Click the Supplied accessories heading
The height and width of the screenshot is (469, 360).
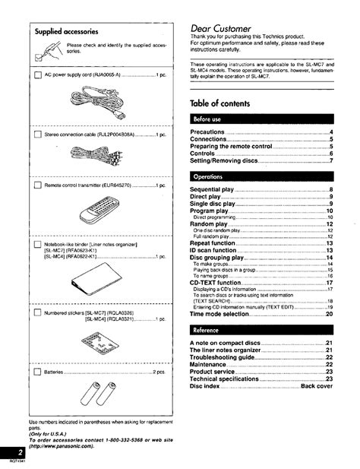[x=66, y=33]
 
